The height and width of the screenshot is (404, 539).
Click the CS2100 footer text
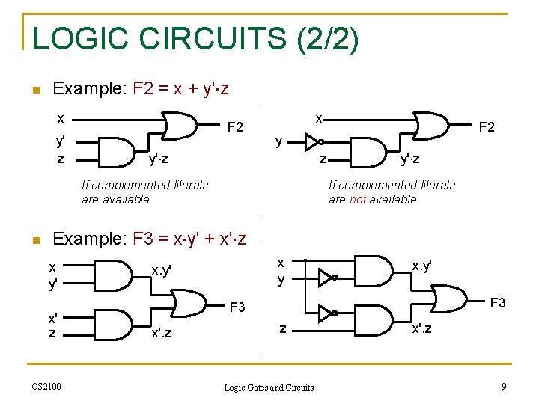pos(46,386)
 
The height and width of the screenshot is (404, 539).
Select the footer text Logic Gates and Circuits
pos(269,387)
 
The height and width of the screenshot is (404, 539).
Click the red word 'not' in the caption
pos(358,199)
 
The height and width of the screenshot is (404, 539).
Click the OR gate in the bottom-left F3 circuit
pos(190,303)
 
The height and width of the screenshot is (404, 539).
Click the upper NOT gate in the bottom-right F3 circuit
pos(326,278)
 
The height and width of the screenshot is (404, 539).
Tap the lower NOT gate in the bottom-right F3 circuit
pos(326,313)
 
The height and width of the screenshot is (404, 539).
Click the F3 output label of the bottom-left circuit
pos(237,307)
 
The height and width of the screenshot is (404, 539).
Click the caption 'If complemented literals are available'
pos(145,192)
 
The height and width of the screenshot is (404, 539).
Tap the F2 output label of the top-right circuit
pos(487,127)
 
